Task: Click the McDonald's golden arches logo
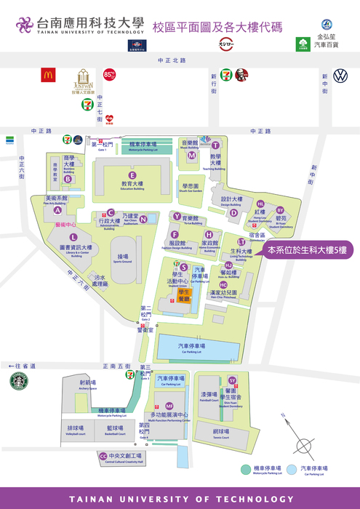[x=48, y=75]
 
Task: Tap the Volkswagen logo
[x=340, y=76]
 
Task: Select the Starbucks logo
[x=18, y=381]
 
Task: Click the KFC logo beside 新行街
[x=241, y=75]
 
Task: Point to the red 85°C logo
[x=110, y=74]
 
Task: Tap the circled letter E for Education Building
[x=132, y=175]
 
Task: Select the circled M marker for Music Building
[x=192, y=155]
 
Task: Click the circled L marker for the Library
[x=73, y=236]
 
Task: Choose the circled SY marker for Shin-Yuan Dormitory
[x=232, y=380]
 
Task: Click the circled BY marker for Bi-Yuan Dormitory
[x=280, y=210]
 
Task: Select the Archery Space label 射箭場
[x=87, y=382]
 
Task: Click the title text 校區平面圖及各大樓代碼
[x=217, y=27]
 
